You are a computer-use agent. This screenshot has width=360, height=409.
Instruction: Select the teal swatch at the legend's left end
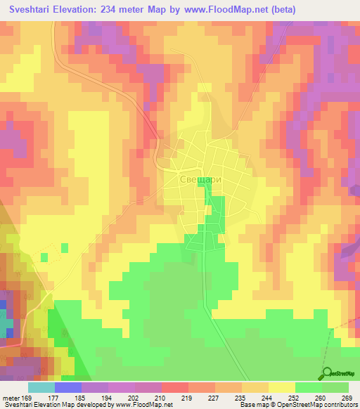coord(41,388)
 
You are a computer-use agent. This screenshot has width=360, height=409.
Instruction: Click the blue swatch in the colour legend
coord(68,388)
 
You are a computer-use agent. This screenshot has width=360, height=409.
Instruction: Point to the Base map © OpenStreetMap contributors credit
coord(295,404)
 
